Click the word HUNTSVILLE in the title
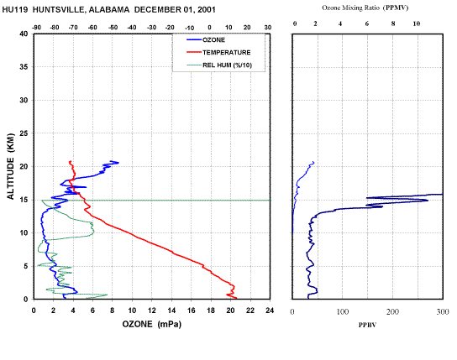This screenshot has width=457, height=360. click(x=59, y=10)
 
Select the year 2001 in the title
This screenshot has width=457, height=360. click(x=206, y=10)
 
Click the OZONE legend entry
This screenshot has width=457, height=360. click(x=213, y=40)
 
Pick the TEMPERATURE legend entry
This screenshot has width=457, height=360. click(x=227, y=52)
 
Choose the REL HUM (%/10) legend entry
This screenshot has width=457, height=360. click(x=227, y=65)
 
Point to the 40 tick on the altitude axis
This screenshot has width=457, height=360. click(x=24, y=34)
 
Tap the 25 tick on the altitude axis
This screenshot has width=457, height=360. click(x=24, y=133)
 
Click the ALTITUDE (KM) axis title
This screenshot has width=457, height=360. click(x=10, y=166)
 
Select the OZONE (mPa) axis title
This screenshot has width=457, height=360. click(x=151, y=324)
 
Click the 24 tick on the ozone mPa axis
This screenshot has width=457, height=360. click(x=270, y=310)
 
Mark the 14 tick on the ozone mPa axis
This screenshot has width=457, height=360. click(x=171, y=310)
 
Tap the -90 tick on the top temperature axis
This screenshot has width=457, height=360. click(x=36, y=28)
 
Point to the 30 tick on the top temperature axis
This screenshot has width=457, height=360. click(x=268, y=28)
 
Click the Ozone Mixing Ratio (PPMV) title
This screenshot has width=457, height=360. click(x=365, y=8)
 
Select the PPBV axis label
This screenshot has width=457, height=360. click(x=367, y=325)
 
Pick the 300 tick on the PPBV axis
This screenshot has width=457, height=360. click(x=443, y=311)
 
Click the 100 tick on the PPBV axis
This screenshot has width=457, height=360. click(x=343, y=311)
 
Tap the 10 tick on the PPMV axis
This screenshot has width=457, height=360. click(x=417, y=23)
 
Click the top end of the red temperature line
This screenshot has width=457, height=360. click(x=70, y=161)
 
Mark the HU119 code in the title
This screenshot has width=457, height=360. click(x=15, y=10)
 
